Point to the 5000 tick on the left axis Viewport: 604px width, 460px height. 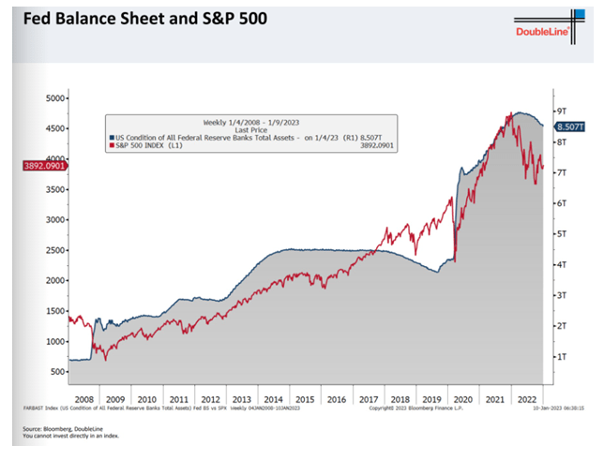[x=54, y=97]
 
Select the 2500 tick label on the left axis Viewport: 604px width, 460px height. [x=54, y=250]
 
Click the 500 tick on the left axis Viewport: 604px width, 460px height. [x=57, y=372]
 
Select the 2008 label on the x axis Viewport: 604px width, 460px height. [x=83, y=398]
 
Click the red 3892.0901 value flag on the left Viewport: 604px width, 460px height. [x=31, y=166]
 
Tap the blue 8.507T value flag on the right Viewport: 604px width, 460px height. [x=570, y=126]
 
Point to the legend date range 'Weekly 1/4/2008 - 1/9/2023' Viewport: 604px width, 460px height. [x=250, y=122]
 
